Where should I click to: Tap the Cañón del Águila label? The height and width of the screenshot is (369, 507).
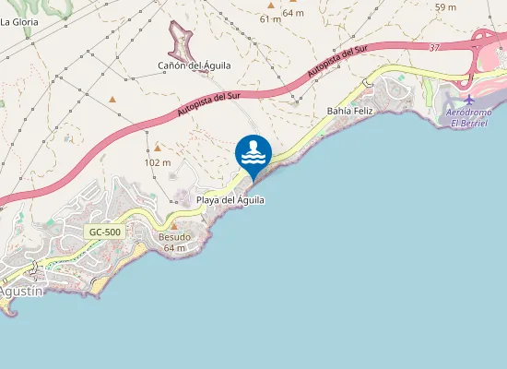195,65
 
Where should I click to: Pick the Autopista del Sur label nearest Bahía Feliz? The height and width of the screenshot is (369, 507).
340,62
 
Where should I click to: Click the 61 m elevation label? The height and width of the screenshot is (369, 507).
270,18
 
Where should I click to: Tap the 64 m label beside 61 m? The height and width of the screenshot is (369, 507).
293,12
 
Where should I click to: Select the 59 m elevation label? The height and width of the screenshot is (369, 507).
445,7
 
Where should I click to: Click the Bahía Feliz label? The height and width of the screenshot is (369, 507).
349,111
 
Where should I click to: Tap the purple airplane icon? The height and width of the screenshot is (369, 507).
469,100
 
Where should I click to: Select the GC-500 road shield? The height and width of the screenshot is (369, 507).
105,232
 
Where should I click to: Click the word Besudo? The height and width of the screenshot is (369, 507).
175,237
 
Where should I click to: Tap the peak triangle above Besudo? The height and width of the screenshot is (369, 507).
173,226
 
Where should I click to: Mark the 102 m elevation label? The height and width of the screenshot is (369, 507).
159,162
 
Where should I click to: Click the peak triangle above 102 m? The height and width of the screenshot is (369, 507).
158,148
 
